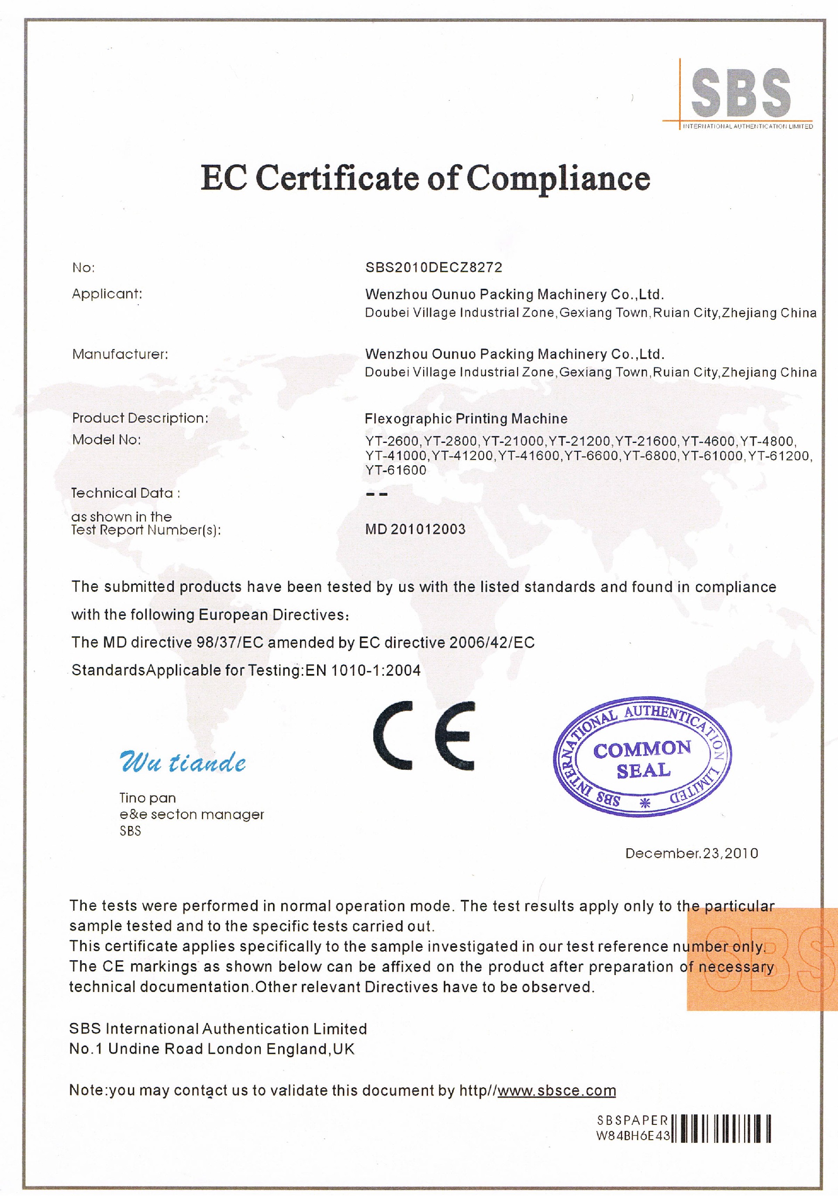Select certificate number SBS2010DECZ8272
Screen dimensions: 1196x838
(433, 267)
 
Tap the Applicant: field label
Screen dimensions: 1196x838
(107, 294)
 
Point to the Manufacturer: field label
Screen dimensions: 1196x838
(120, 354)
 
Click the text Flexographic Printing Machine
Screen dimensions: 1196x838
(466, 419)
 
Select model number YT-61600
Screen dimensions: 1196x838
(395, 470)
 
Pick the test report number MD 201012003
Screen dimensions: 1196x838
(415, 529)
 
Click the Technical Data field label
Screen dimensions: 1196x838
(125, 493)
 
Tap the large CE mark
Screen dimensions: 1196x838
(424, 736)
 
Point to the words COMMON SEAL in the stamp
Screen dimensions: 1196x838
(643, 760)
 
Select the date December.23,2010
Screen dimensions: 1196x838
(691, 853)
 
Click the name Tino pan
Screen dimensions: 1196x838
(148, 798)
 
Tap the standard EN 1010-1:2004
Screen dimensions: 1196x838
(363, 671)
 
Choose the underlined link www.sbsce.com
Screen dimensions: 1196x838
(556, 1090)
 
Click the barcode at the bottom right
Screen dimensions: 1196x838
(721, 1129)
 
